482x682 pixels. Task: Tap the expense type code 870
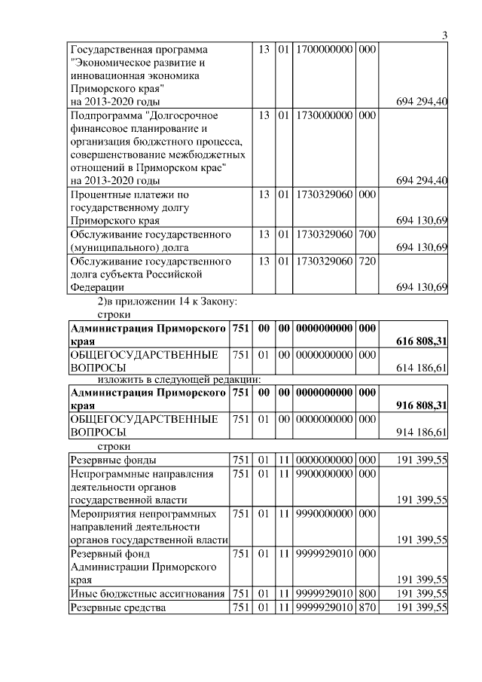click(368, 607)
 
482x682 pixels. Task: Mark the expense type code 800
click(368, 594)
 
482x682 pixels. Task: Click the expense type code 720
click(368, 261)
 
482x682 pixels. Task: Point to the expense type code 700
click(368, 234)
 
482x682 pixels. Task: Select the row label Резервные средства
click(117, 607)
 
